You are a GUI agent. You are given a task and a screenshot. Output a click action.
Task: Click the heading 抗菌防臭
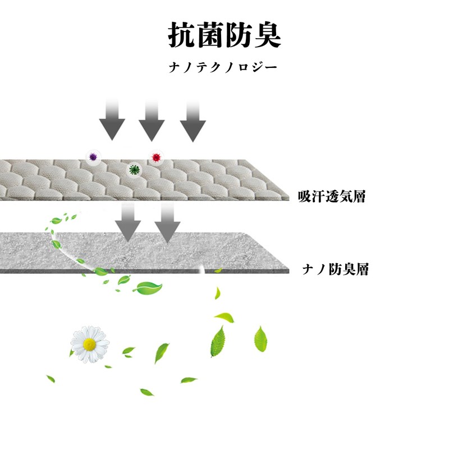(224, 35)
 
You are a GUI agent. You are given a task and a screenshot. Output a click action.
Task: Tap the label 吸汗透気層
(332, 196)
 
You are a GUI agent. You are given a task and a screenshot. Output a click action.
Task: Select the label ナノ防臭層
(335, 269)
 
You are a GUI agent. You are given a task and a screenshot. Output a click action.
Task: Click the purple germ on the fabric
(93, 158)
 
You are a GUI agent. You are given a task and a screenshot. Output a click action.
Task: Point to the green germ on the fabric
(134, 168)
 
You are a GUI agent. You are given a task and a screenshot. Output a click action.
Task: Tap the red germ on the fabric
(155, 157)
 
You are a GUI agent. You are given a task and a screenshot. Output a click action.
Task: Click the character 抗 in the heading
(182, 35)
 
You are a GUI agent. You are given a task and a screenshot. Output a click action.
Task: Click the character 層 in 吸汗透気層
(358, 196)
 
